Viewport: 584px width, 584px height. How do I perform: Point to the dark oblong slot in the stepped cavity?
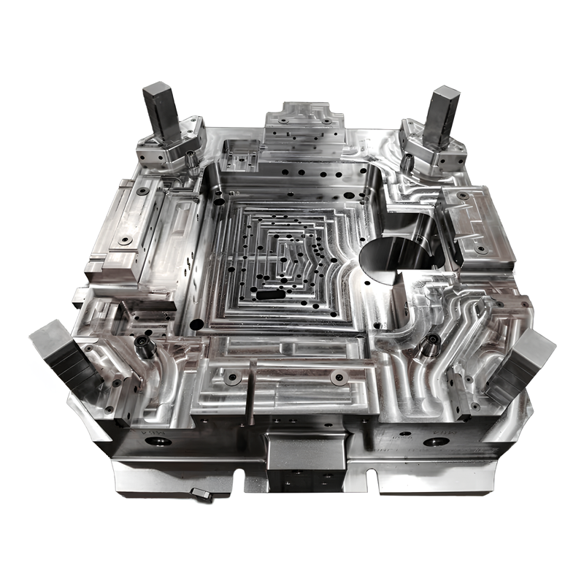click(x=270, y=296)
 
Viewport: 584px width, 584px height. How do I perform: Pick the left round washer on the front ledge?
click(x=233, y=377)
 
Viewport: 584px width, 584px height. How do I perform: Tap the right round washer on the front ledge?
click(x=337, y=377)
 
